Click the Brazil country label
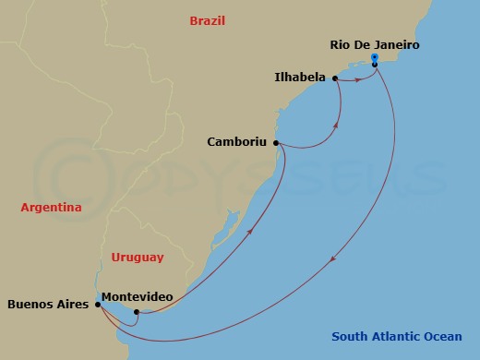[x=207, y=20]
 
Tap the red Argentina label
[x=52, y=208]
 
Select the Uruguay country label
[x=137, y=258]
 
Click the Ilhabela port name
[x=301, y=78]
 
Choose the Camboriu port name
[x=238, y=142]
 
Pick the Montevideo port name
[x=136, y=296]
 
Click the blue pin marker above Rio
[x=374, y=57]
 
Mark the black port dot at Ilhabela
[x=334, y=78]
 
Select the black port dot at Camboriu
[x=277, y=143]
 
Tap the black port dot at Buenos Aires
[x=98, y=303]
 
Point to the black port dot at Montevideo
[x=136, y=311]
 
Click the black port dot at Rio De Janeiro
[x=374, y=65]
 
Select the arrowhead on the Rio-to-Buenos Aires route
[x=332, y=258]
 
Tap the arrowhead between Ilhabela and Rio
[x=355, y=80]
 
